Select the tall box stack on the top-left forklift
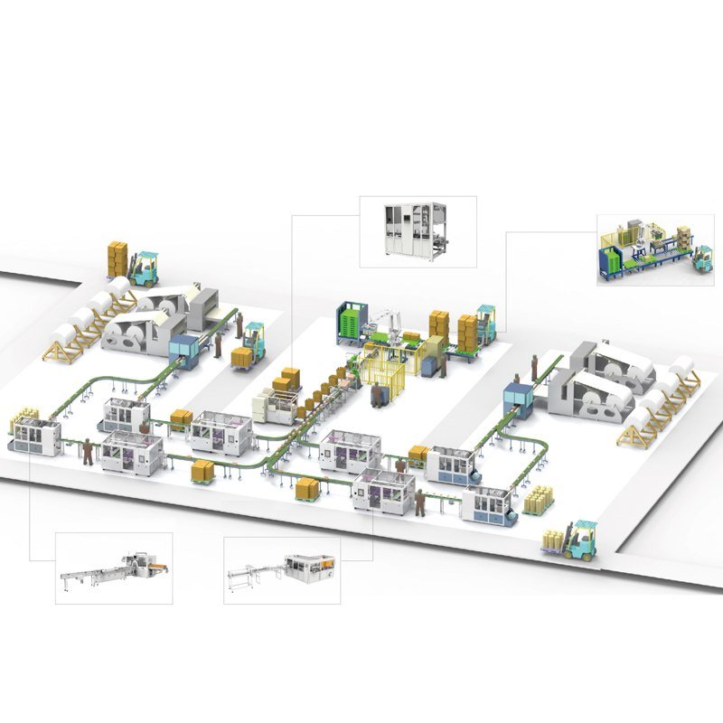tap(117, 258)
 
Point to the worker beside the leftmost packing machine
tap(87, 450)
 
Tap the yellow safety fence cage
tap(389, 371)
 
